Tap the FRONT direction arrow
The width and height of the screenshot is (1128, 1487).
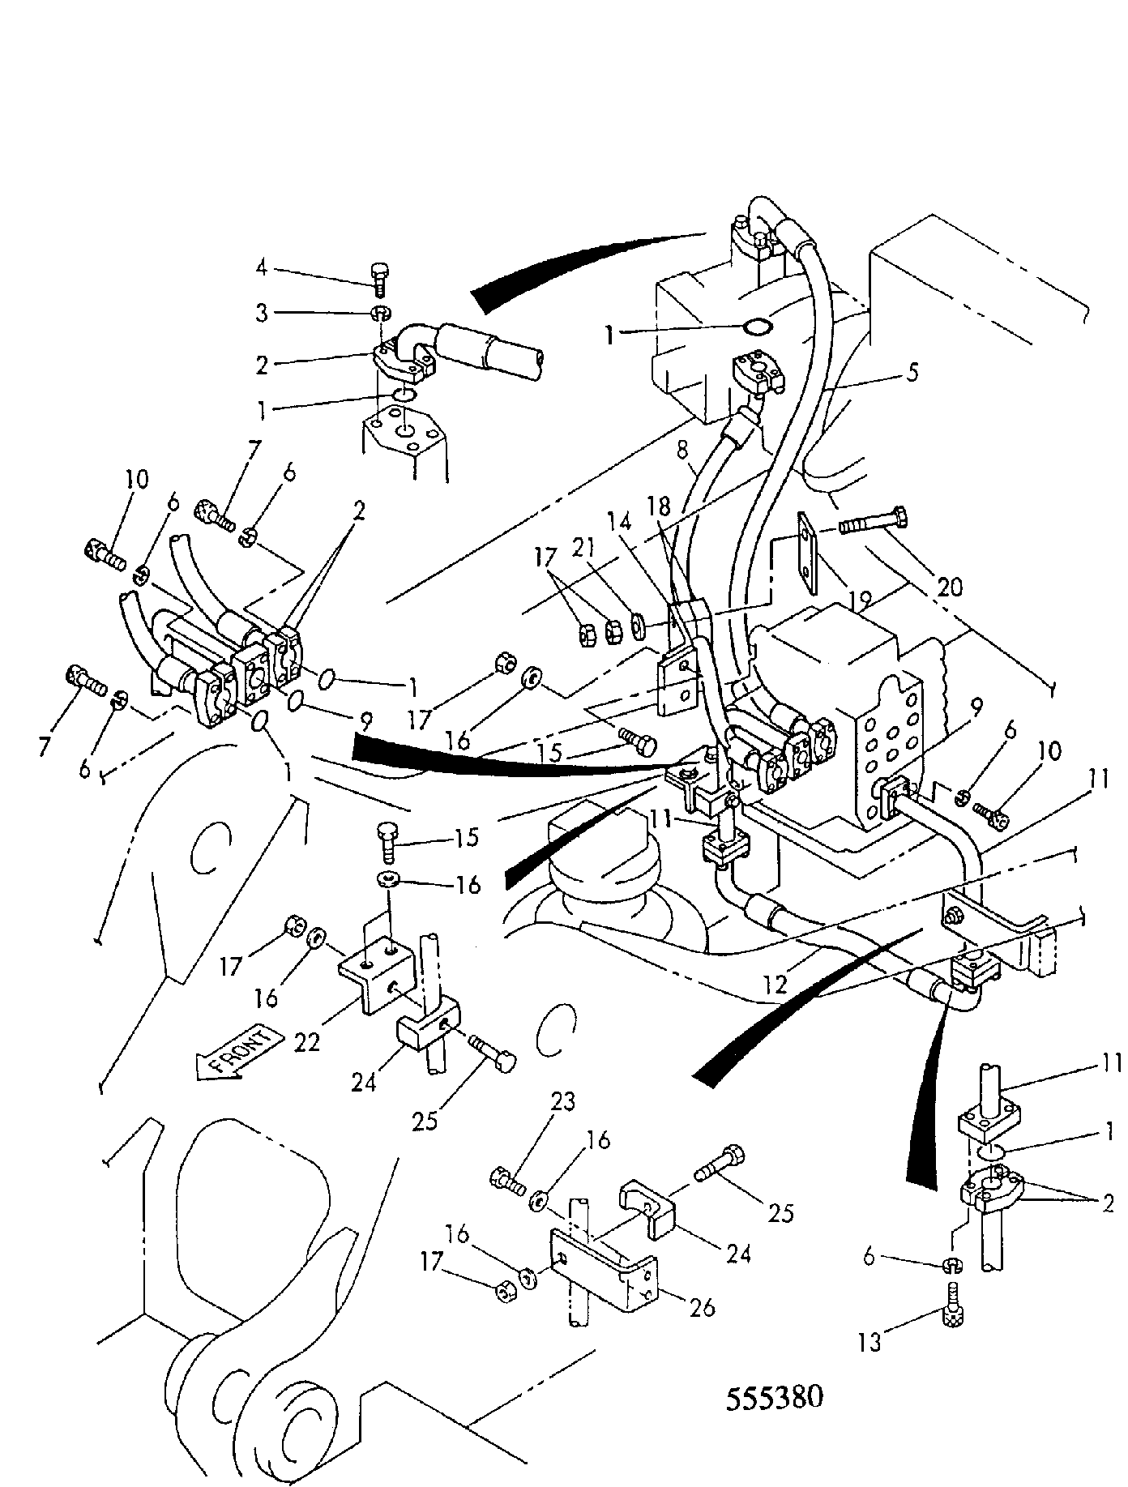pyautogui.click(x=239, y=1051)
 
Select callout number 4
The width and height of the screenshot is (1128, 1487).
pyautogui.click(x=261, y=268)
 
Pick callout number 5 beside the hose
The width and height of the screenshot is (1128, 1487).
pyautogui.click(x=912, y=374)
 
